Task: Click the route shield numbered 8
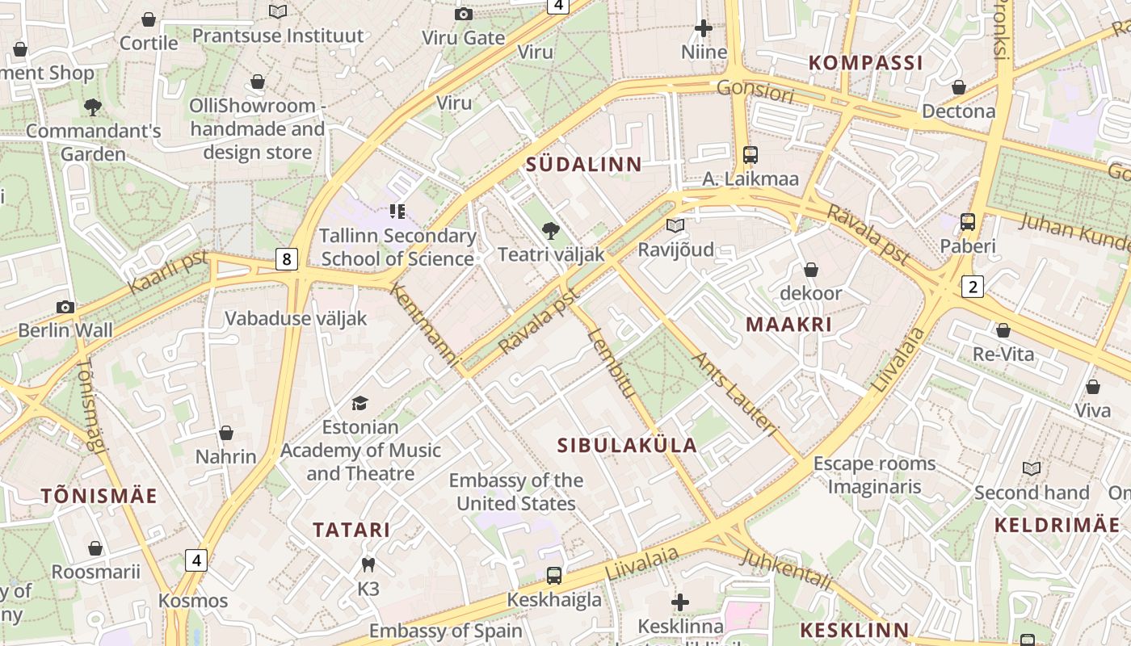click(x=286, y=259)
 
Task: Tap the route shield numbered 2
click(x=973, y=286)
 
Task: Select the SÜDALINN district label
click(x=583, y=165)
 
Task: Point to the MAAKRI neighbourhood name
click(x=788, y=325)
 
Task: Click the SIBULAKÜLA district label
click(x=627, y=445)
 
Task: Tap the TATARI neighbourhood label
click(x=351, y=531)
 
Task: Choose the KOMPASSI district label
click(x=865, y=63)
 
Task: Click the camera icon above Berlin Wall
click(x=65, y=307)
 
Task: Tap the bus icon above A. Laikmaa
click(x=750, y=155)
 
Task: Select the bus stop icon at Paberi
click(x=967, y=222)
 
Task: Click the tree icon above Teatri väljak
click(x=551, y=232)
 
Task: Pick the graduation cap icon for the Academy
click(x=359, y=403)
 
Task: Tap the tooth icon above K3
click(x=368, y=565)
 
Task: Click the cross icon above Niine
click(x=704, y=28)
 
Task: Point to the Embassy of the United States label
click(x=516, y=492)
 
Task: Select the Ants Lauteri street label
click(x=735, y=395)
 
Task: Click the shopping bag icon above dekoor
click(x=810, y=270)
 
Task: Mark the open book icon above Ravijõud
click(x=675, y=226)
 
